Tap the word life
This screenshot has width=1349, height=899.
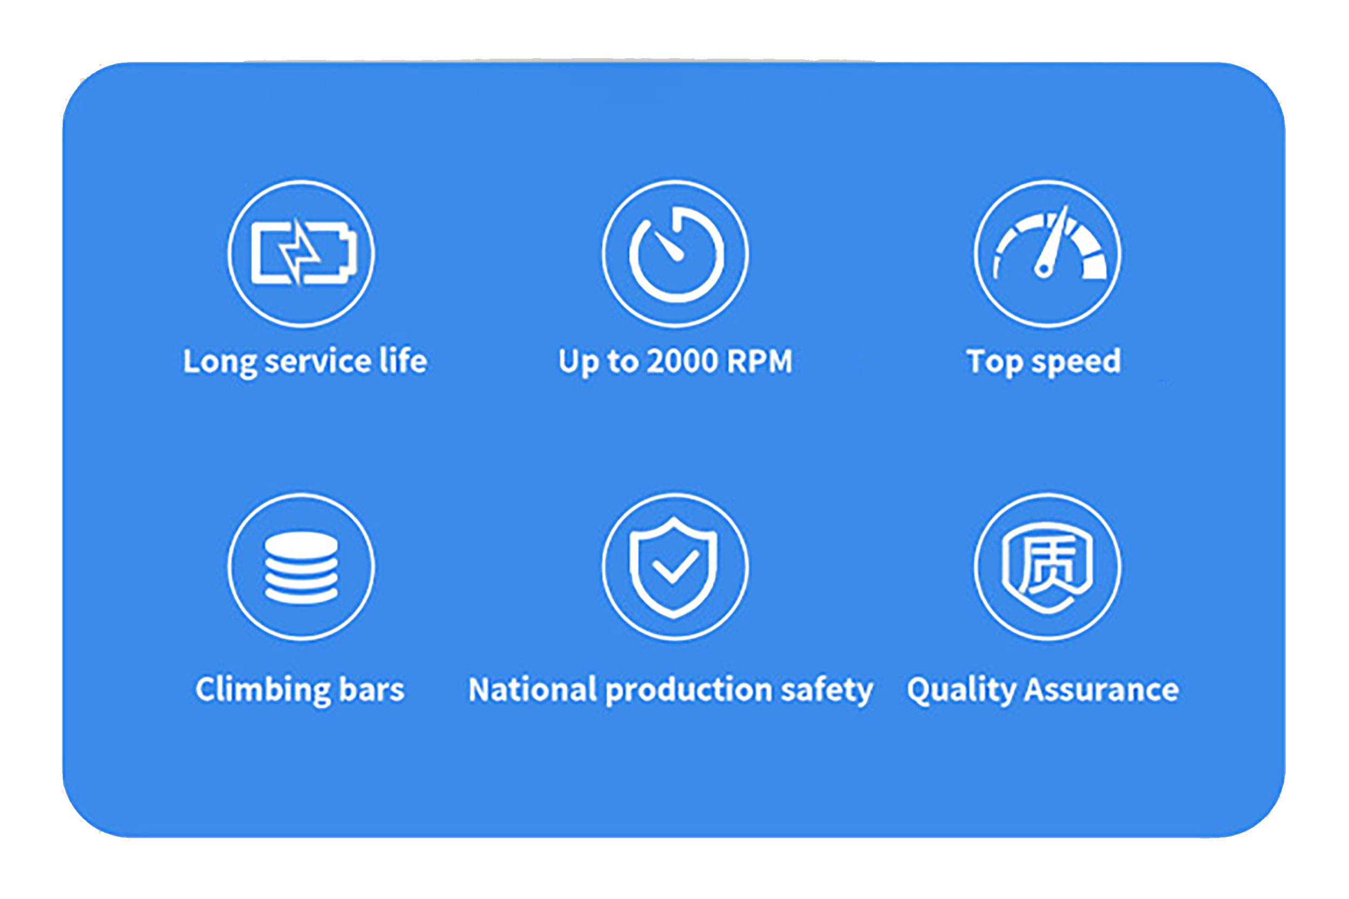tap(404, 361)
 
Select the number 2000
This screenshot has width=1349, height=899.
tap(683, 362)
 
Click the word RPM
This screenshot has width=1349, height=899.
tap(759, 362)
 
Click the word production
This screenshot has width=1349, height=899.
tap(689, 690)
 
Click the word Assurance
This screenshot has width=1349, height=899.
tap(1102, 689)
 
